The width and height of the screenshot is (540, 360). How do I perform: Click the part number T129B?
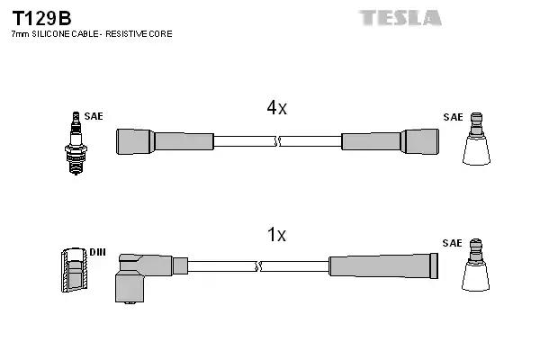pos(41,17)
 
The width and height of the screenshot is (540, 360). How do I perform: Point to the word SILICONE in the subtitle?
pos(54,34)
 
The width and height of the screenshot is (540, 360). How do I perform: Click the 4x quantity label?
pos(276,109)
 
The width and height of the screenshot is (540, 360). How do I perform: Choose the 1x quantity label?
pos(276,236)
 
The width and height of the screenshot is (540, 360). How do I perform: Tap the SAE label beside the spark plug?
pos(94,117)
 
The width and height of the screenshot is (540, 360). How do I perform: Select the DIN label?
pos(97,252)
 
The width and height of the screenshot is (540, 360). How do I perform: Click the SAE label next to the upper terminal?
pos(453,117)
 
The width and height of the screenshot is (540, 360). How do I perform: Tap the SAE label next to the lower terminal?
pos(453,244)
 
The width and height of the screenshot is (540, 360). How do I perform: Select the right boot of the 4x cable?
pos(391,141)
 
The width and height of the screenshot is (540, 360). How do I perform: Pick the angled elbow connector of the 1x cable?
pos(135,274)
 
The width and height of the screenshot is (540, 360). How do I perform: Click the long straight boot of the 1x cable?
pos(383,265)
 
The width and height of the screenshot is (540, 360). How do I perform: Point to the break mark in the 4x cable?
pos(276,141)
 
